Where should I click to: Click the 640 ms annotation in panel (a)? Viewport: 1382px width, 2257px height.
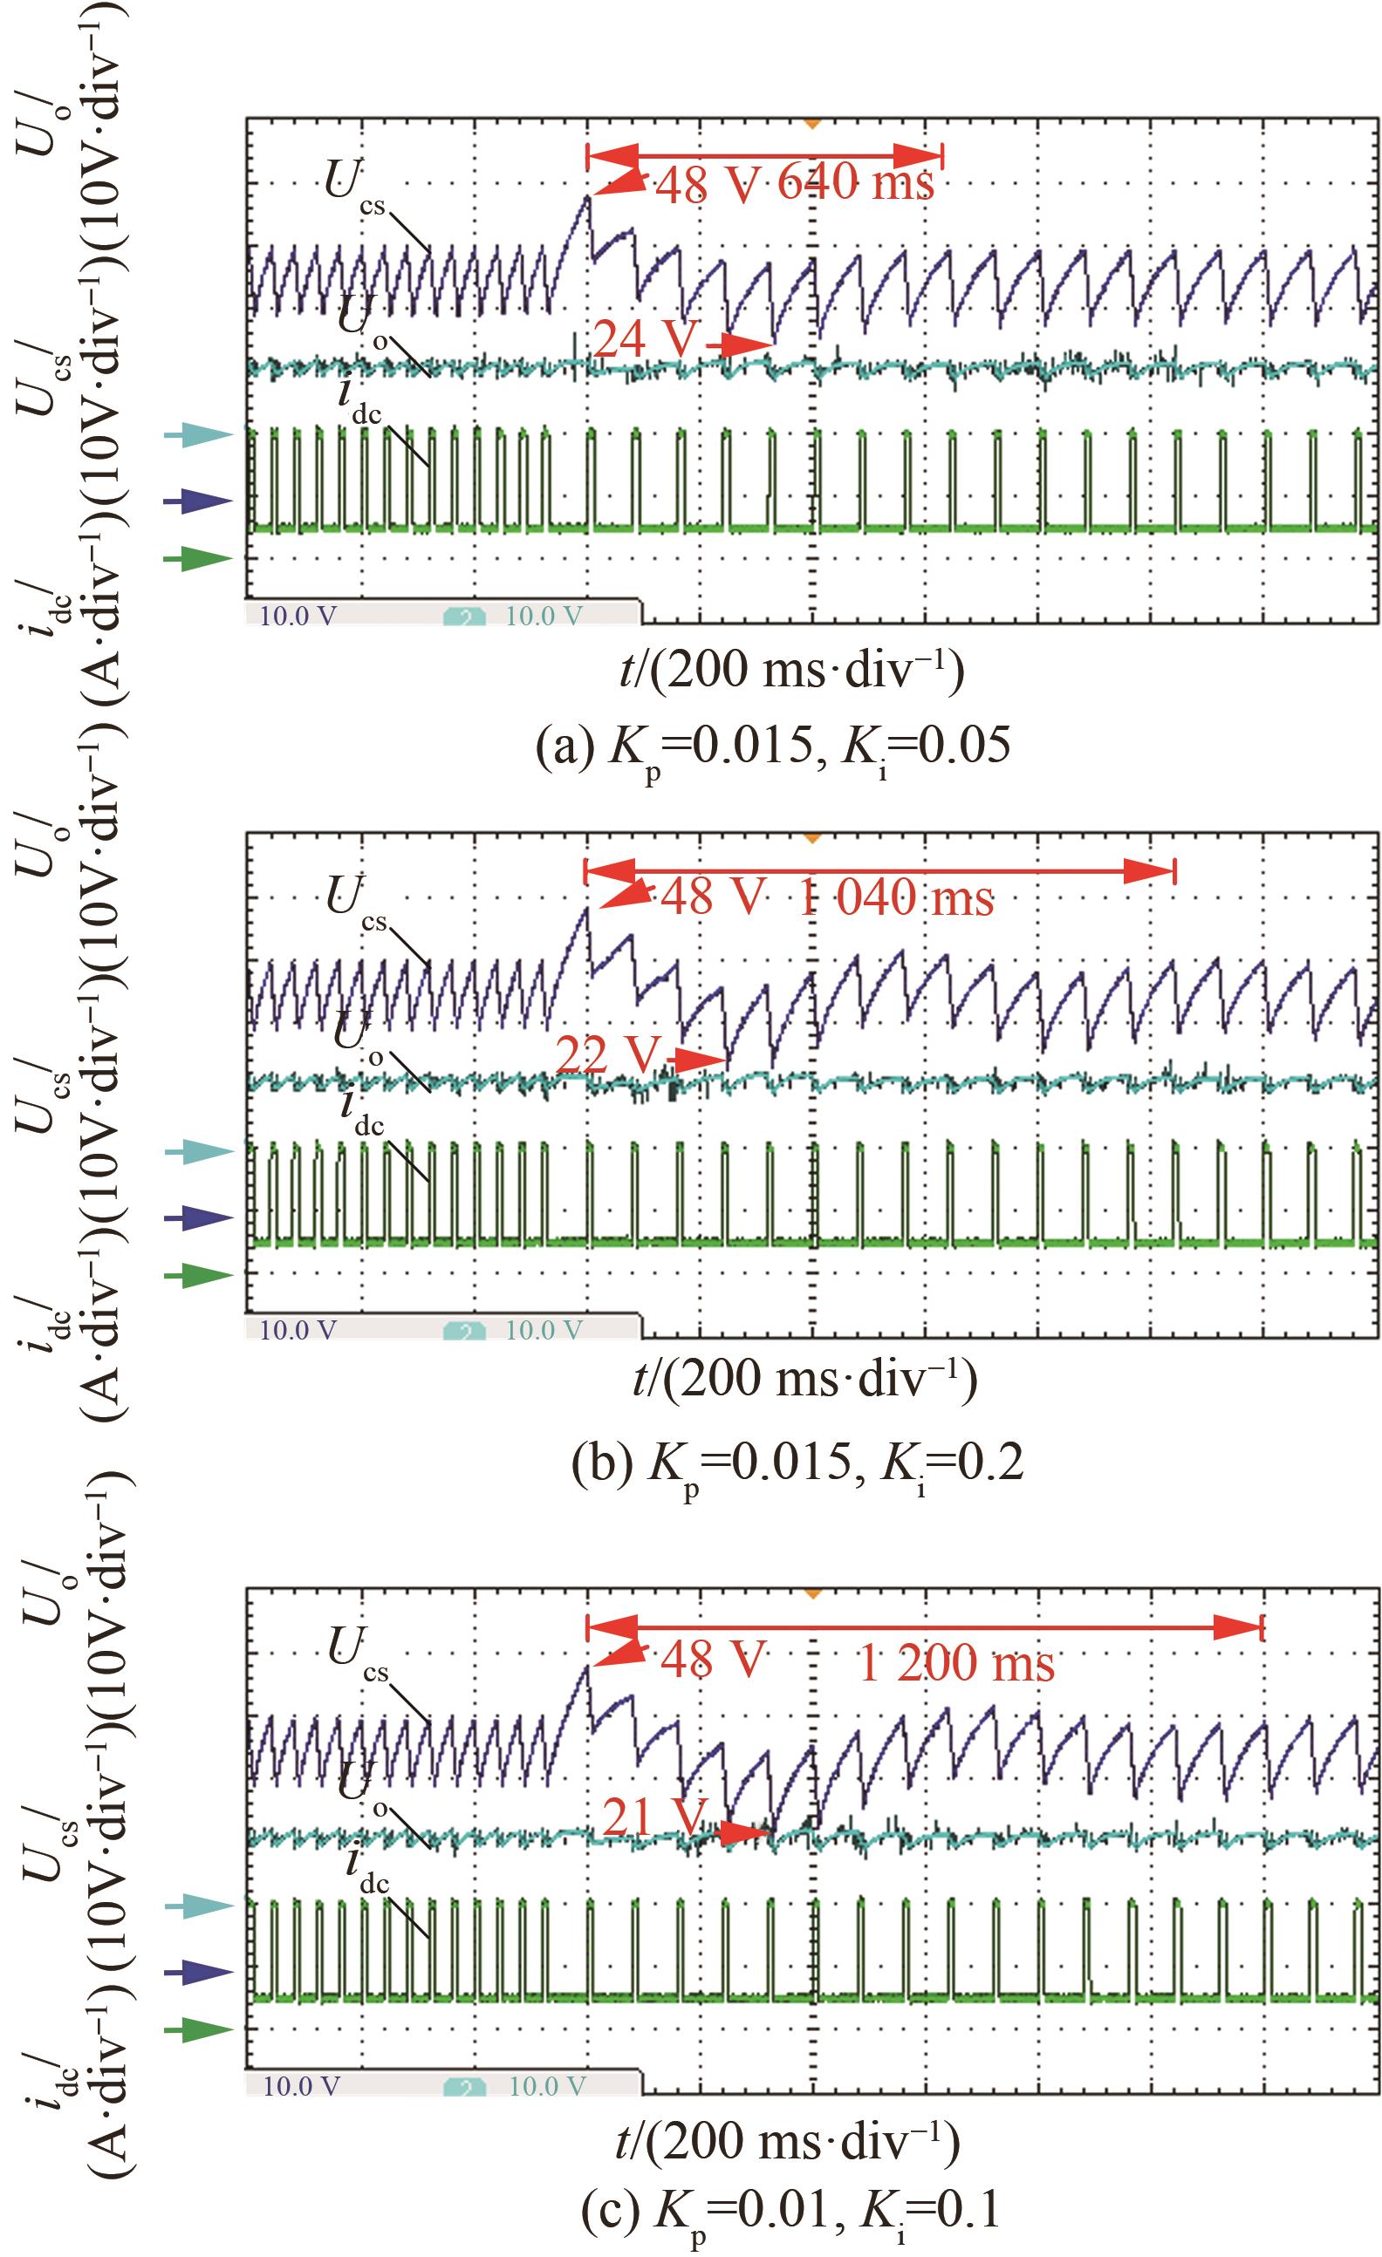(x=855, y=184)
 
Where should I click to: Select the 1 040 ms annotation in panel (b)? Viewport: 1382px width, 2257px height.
(x=895, y=898)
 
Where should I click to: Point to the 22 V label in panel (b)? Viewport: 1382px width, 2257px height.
(x=607, y=1056)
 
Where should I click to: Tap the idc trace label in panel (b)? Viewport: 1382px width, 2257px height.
(x=360, y=1112)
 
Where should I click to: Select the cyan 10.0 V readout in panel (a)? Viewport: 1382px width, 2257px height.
(x=544, y=616)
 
